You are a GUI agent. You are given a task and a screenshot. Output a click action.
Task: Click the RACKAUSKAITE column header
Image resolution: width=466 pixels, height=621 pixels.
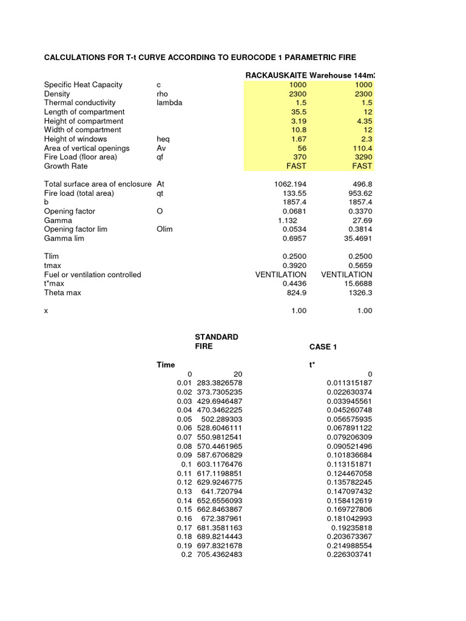click(276, 75)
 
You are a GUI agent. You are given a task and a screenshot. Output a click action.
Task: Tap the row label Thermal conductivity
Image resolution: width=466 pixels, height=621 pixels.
click(79, 102)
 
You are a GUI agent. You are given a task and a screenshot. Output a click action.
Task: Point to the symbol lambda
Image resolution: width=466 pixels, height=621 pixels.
click(169, 102)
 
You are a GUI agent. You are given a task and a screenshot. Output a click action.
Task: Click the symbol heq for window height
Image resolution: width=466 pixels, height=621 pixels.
click(163, 139)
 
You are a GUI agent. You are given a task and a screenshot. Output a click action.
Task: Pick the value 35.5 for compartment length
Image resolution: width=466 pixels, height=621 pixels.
click(298, 112)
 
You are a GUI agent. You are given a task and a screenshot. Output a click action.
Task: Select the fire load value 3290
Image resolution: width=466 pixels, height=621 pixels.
click(363, 157)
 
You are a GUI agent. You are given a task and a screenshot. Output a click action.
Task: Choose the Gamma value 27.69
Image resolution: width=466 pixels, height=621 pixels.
click(362, 220)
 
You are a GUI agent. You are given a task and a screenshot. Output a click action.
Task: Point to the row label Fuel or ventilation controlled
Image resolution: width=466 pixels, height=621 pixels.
click(92, 275)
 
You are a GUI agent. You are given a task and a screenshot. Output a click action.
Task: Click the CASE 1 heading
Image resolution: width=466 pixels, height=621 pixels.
click(323, 347)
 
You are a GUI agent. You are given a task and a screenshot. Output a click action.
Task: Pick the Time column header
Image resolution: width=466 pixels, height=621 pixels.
click(166, 364)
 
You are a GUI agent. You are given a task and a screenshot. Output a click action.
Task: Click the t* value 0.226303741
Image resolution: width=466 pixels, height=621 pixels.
click(349, 555)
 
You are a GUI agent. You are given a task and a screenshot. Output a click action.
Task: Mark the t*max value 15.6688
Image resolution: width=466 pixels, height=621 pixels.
click(359, 283)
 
